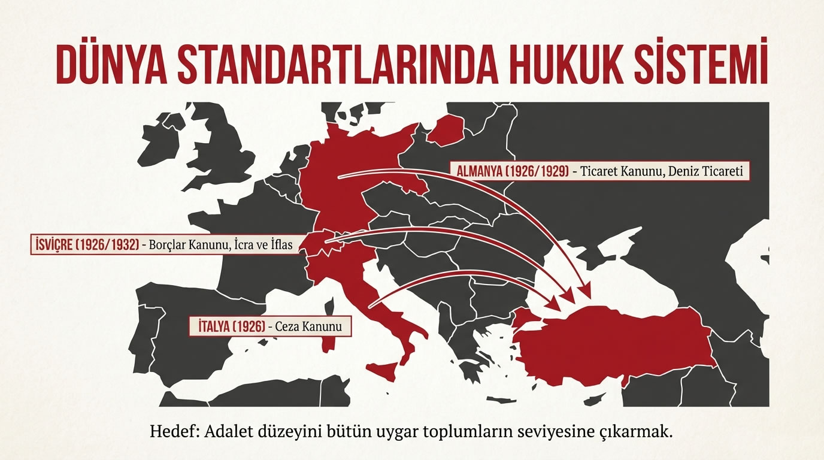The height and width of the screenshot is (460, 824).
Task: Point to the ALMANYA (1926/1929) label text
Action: (513, 171)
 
